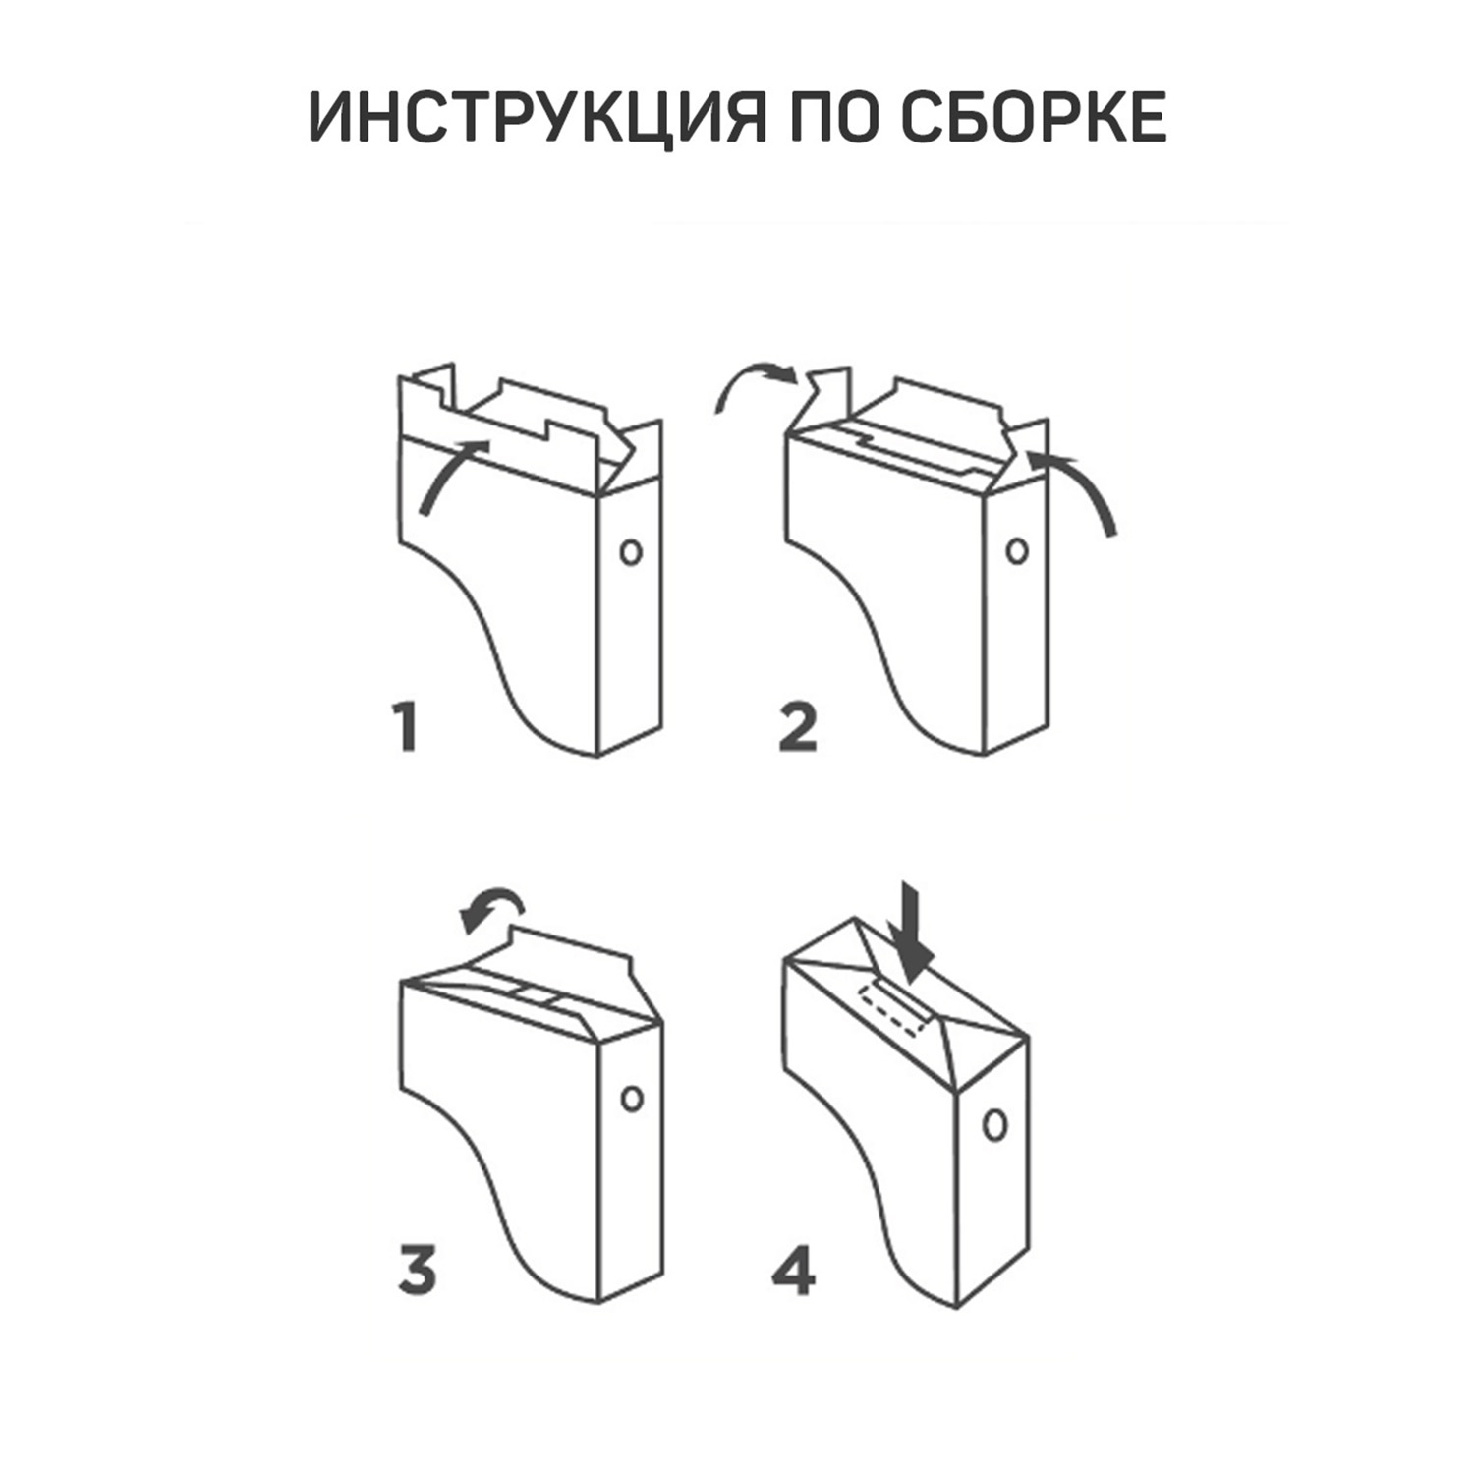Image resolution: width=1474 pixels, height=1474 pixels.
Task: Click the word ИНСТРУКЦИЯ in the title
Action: click(538, 120)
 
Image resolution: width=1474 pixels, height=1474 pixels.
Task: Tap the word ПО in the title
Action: click(835, 119)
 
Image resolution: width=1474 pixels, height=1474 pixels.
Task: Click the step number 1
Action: click(405, 727)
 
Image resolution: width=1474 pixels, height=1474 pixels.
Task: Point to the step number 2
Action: click(797, 728)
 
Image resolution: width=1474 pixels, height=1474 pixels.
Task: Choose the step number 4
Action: click(794, 1271)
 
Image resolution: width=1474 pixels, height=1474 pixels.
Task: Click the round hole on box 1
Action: click(631, 551)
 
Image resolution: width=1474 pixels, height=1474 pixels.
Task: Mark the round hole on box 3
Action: click(632, 1098)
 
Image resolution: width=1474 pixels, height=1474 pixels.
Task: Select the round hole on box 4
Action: click(995, 1124)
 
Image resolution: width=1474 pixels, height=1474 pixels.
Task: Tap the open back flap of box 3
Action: click(570, 953)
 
